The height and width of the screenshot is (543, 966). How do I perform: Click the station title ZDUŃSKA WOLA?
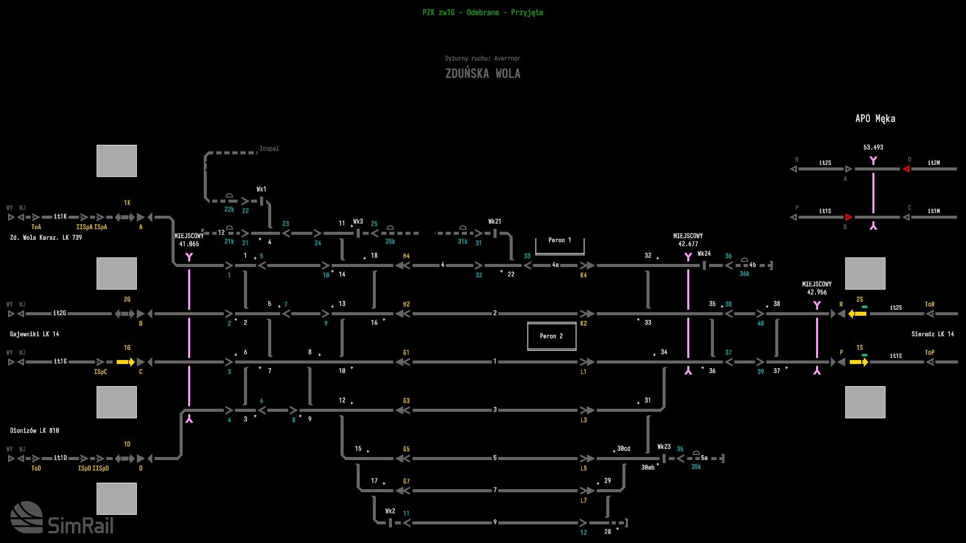(x=482, y=73)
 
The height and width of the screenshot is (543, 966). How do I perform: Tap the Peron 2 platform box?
(x=551, y=336)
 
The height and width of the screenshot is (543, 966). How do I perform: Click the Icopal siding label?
(x=269, y=149)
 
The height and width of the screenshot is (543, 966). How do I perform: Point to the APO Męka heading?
(x=875, y=119)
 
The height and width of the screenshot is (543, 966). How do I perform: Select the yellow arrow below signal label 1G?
(x=125, y=362)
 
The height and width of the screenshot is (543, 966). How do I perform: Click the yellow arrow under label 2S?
(x=857, y=314)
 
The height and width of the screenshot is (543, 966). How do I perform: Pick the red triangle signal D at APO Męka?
(x=906, y=169)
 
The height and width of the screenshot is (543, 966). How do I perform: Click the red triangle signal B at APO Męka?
(x=848, y=217)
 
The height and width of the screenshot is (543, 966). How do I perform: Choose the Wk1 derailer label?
(x=261, y=190)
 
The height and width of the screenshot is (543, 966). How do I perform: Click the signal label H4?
(x=406, y=256)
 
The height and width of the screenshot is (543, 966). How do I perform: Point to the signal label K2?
(x=583, y=324)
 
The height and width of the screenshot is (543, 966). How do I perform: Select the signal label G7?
(x=406, y=482)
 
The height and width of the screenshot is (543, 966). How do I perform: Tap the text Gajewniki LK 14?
(x=34, y=334)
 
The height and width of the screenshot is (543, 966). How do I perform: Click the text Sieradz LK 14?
(x=932, y=334)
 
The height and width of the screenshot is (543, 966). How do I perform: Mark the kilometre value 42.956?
(x=817, y=292)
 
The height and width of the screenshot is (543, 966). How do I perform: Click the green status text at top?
(x=482, y=13)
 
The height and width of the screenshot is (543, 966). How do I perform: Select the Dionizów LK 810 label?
(x=34, y=430)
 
